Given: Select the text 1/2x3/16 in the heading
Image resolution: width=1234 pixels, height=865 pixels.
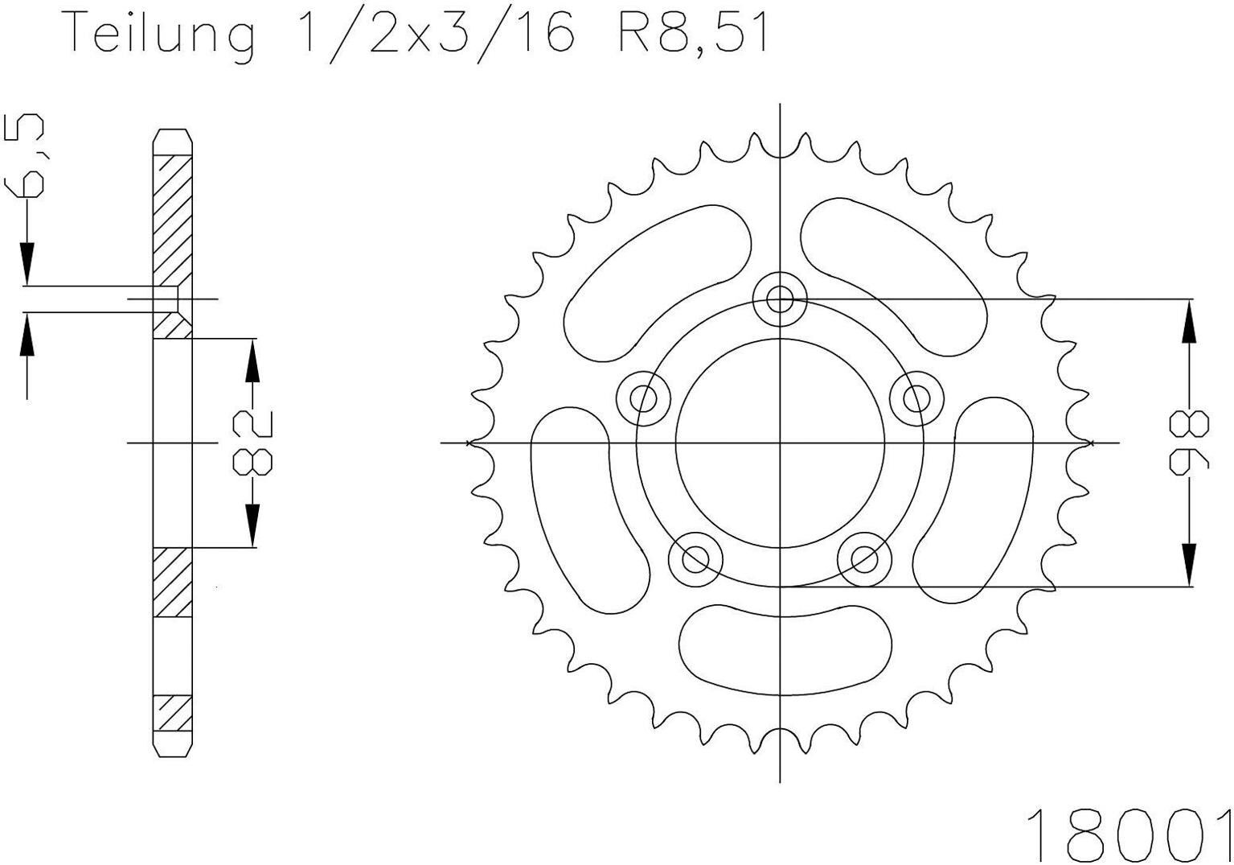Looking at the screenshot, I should (x=435, y=34).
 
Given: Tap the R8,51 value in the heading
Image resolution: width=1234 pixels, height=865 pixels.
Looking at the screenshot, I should (x=693, y=34).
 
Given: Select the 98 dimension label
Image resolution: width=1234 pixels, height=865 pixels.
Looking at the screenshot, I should (x=1189, y=443).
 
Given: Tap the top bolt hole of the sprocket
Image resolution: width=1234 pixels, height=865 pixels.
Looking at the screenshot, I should (x=780, y=299).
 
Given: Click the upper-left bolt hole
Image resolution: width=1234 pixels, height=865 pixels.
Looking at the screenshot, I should (x=643, y=397).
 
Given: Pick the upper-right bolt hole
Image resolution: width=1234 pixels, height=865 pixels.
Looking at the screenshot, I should (x=916, y=397).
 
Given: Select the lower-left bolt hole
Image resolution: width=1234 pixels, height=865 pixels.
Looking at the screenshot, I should (x=695, y=558).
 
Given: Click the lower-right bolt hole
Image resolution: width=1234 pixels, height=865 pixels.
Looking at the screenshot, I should (x=864, y=558).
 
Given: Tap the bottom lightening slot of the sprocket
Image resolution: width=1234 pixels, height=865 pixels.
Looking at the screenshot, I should (x=785, y=649).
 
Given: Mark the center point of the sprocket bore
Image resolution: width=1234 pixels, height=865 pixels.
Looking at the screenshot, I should (x=780, y=443).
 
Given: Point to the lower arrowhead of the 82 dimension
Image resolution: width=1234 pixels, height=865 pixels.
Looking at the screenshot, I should (x=252, y=527).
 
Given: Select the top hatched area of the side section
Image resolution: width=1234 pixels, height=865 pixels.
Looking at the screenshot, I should (x=173, y=217).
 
